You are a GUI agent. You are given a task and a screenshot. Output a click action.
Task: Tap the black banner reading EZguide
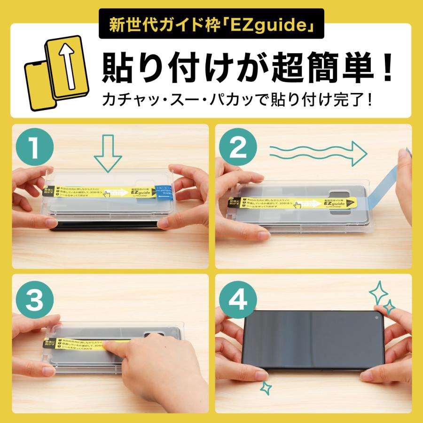coord(211,24)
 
